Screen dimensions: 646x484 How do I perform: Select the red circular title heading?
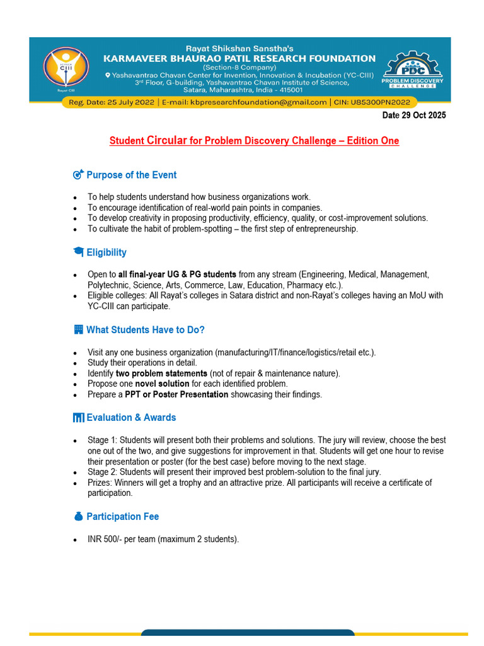254,141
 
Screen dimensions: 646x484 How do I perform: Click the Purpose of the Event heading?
131,175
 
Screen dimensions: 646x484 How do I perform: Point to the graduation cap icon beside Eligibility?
78,252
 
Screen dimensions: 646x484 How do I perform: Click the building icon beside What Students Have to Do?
78,329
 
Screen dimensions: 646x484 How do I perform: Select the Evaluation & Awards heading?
131,418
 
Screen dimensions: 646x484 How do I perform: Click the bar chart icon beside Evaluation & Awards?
78,418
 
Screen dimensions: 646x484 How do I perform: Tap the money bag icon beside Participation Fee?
78,517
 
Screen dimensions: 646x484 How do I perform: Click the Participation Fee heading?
122,517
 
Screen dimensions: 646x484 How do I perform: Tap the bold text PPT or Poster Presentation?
176,394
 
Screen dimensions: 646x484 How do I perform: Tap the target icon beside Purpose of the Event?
78,175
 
